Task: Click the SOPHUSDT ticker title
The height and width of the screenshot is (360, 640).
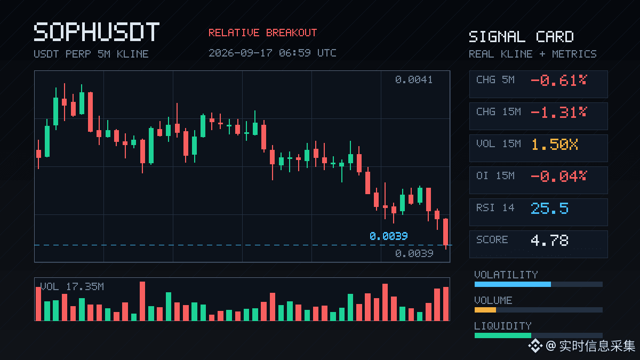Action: [97, 31]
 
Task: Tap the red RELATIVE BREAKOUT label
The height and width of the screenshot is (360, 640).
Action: [262, 33]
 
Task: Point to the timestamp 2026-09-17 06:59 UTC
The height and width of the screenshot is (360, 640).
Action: [273, 53]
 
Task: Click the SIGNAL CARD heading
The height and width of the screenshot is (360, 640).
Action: [521, 37]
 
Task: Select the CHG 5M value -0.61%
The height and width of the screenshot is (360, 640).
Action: [558, 81]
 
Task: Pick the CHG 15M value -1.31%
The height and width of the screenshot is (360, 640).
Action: [558, 113]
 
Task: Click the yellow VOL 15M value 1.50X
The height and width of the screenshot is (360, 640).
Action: [555, 145]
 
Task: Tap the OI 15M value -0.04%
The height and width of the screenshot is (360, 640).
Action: [558, 177]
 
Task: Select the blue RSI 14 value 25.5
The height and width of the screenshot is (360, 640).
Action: [549, 209]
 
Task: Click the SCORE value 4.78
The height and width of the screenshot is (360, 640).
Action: [549, 241]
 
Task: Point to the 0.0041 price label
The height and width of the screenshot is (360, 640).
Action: [414, 79]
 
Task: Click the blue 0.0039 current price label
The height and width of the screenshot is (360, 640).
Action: [389, 236]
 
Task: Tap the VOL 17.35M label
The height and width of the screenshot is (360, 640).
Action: [72, 286]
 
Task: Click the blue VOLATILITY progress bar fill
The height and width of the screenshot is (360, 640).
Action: [513, 284]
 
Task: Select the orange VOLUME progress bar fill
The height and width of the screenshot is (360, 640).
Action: [485, 310]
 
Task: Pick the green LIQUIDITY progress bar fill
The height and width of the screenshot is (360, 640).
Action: [503, 335]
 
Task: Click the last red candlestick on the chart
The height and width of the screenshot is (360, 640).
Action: [446, 232]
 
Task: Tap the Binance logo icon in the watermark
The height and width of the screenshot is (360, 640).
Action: [535, 346]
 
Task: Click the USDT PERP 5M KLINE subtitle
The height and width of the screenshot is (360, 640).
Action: [91, 54]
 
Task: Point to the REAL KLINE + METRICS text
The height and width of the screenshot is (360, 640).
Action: [533, 54]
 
